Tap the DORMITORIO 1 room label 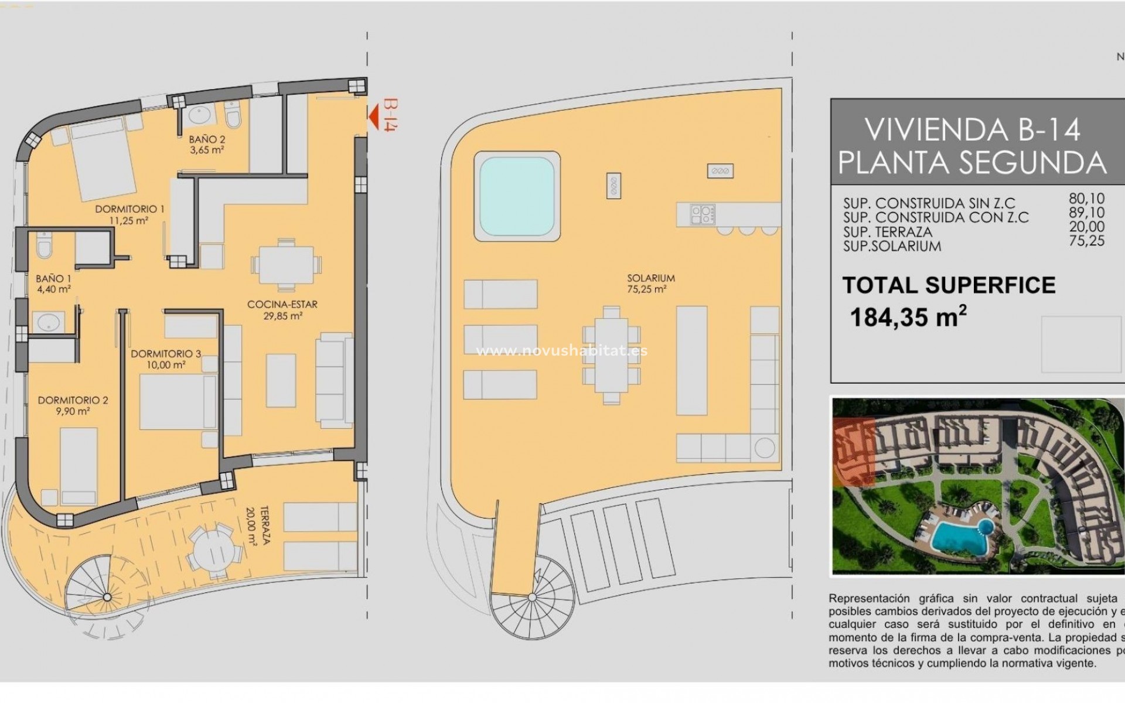click(129, 214)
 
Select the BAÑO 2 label click(207, 144)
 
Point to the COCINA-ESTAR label click(282, 310)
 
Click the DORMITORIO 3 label click(166, 359)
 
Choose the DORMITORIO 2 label click(73, 405)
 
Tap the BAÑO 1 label click(53, 284)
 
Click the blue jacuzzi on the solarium click(517, 196)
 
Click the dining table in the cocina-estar click(287, 265)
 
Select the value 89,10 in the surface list click(1086, 213)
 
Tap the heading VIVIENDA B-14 click(973, 130)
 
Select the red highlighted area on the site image click(853, 452)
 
